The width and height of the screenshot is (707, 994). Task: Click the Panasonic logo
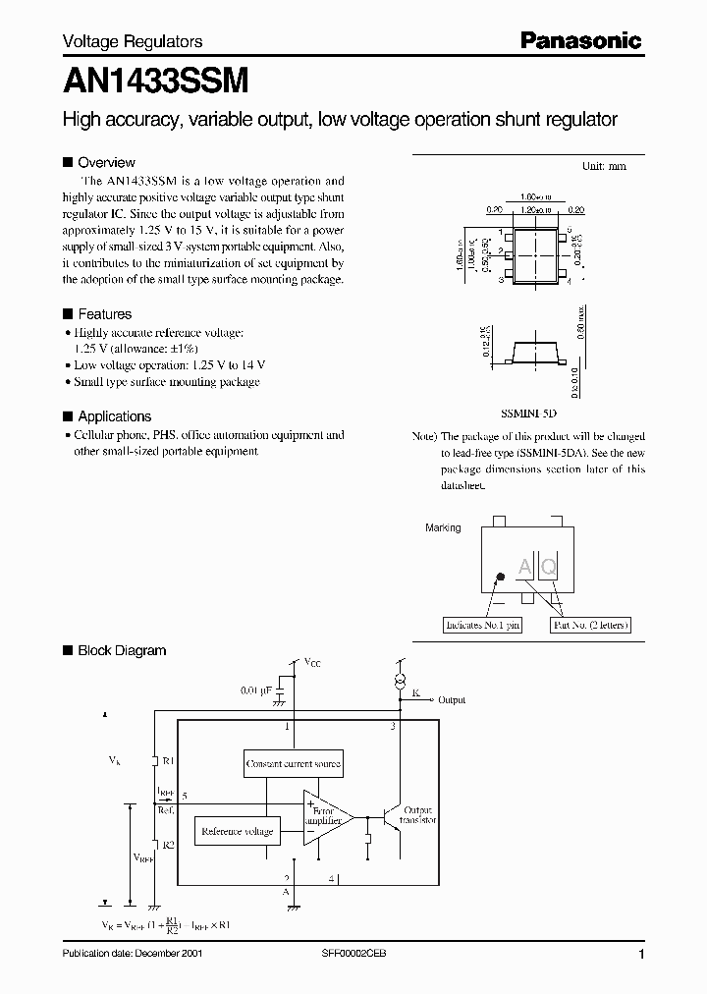coord(580,41)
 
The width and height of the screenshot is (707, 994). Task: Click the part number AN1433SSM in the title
coord(155,79)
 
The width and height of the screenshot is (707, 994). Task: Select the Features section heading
coord(104,314)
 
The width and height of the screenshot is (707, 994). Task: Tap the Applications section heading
coord(114,416)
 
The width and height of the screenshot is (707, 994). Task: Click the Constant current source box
coord(294,763)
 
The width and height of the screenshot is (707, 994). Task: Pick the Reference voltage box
coord(237,832)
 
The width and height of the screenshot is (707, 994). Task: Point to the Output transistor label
coord(418,814)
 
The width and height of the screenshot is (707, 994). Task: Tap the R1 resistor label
coord(168,760)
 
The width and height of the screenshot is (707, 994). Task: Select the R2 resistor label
coord(168,844)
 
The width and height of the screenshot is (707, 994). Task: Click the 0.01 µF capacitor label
coord(256,690)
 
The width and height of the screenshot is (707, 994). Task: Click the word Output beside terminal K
coord(452,700)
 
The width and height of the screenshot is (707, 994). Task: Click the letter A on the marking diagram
coord(524,567)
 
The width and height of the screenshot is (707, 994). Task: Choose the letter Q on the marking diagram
coord(549,567)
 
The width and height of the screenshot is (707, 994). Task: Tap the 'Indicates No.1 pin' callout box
coord(482,625)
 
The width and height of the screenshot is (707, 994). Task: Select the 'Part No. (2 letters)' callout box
coord(590,625)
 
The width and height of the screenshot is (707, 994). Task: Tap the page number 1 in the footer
coord(641,955)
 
